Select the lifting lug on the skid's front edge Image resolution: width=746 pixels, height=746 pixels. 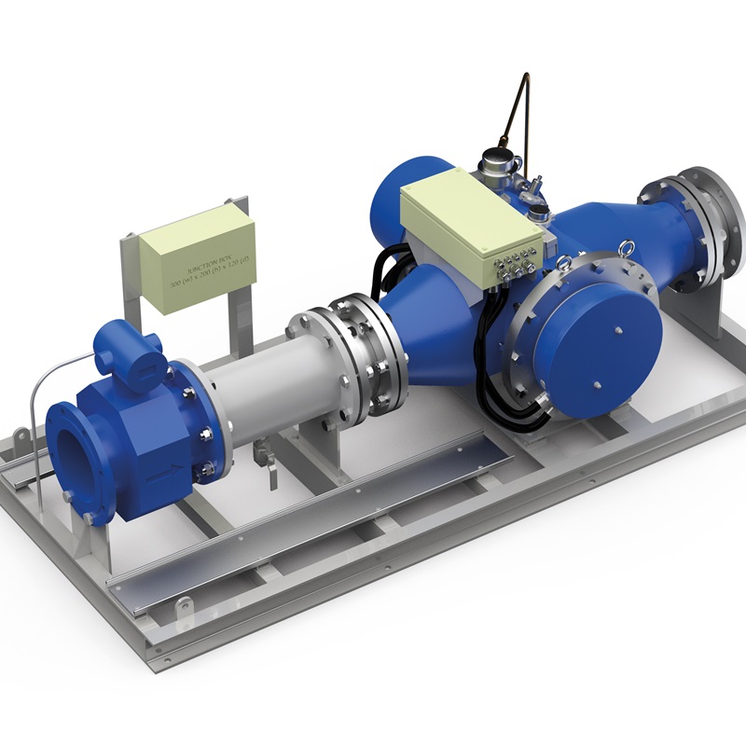click(x=183, y=605)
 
